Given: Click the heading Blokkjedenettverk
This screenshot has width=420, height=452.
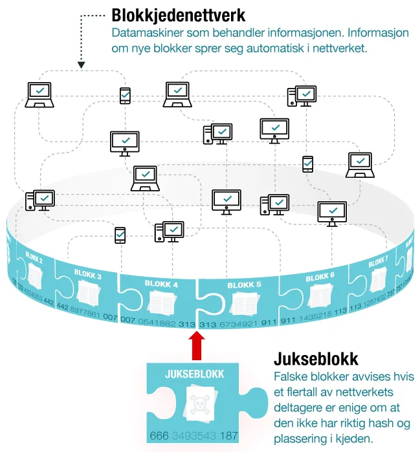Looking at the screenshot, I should tap(179, 14).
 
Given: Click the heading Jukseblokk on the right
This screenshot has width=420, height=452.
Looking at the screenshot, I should tap(316, 359).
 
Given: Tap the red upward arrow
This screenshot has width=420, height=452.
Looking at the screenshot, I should tap(197, 345).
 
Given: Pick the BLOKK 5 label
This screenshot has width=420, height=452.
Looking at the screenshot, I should tap(244, 285).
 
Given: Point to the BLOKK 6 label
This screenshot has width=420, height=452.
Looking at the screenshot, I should tap(320, 276).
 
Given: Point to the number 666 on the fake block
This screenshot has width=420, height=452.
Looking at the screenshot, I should tap(159, 435).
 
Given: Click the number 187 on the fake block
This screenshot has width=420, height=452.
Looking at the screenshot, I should tap(229, 435).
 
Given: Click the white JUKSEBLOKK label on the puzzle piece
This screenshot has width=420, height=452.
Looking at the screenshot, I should tap(194, 373).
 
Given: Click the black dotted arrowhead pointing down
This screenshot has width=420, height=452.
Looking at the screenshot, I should tap(82, 64).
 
